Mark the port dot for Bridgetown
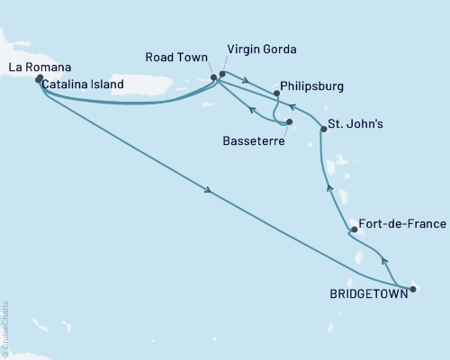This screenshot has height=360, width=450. pyautogui.click(x=413, y=289)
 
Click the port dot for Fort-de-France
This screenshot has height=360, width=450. pyautogui.click(x=354, y=229)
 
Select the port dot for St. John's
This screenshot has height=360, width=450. pyautogui.click(x=323, y=130)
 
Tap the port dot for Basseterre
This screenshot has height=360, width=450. pyautogui.click(x=289, y=122)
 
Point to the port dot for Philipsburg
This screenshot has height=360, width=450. pyautogui.click(x=276, y=92)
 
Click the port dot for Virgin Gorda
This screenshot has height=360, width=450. pyautogui.click(x=222, y=75)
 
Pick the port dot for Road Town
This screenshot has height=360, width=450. pyautogui.click(x=213, y=77)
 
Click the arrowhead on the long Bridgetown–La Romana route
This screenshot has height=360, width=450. pyautogui.click(x=209, y=190)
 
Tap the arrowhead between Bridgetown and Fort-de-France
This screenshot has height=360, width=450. pyautogui.click(x=384, y=261)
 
